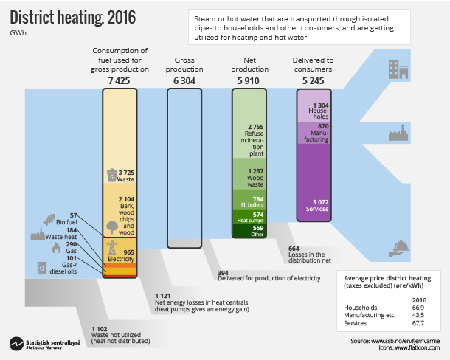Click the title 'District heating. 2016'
63,17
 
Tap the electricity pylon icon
112,249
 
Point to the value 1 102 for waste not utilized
100,328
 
